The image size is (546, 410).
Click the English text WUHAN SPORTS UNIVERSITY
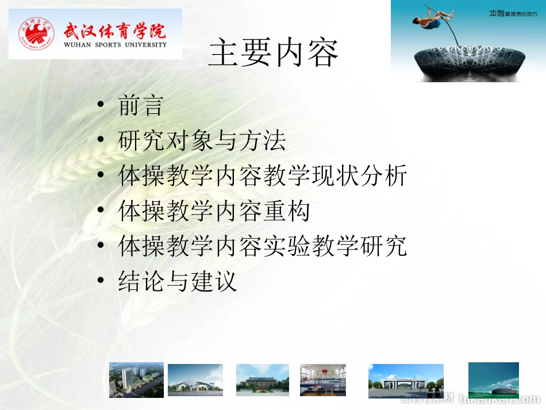click(115, 44)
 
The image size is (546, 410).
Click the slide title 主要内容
click(274, 53)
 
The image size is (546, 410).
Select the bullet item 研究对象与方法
click(202, 140)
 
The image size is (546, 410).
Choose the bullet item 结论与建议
click(178, 282)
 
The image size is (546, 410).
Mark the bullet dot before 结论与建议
click(101, 281)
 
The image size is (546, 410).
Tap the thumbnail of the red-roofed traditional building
click(263, 380)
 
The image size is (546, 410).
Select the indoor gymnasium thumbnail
click(323, 380)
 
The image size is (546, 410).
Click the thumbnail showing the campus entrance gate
click(406, 381)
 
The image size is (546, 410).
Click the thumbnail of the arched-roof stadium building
click(195, 380)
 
